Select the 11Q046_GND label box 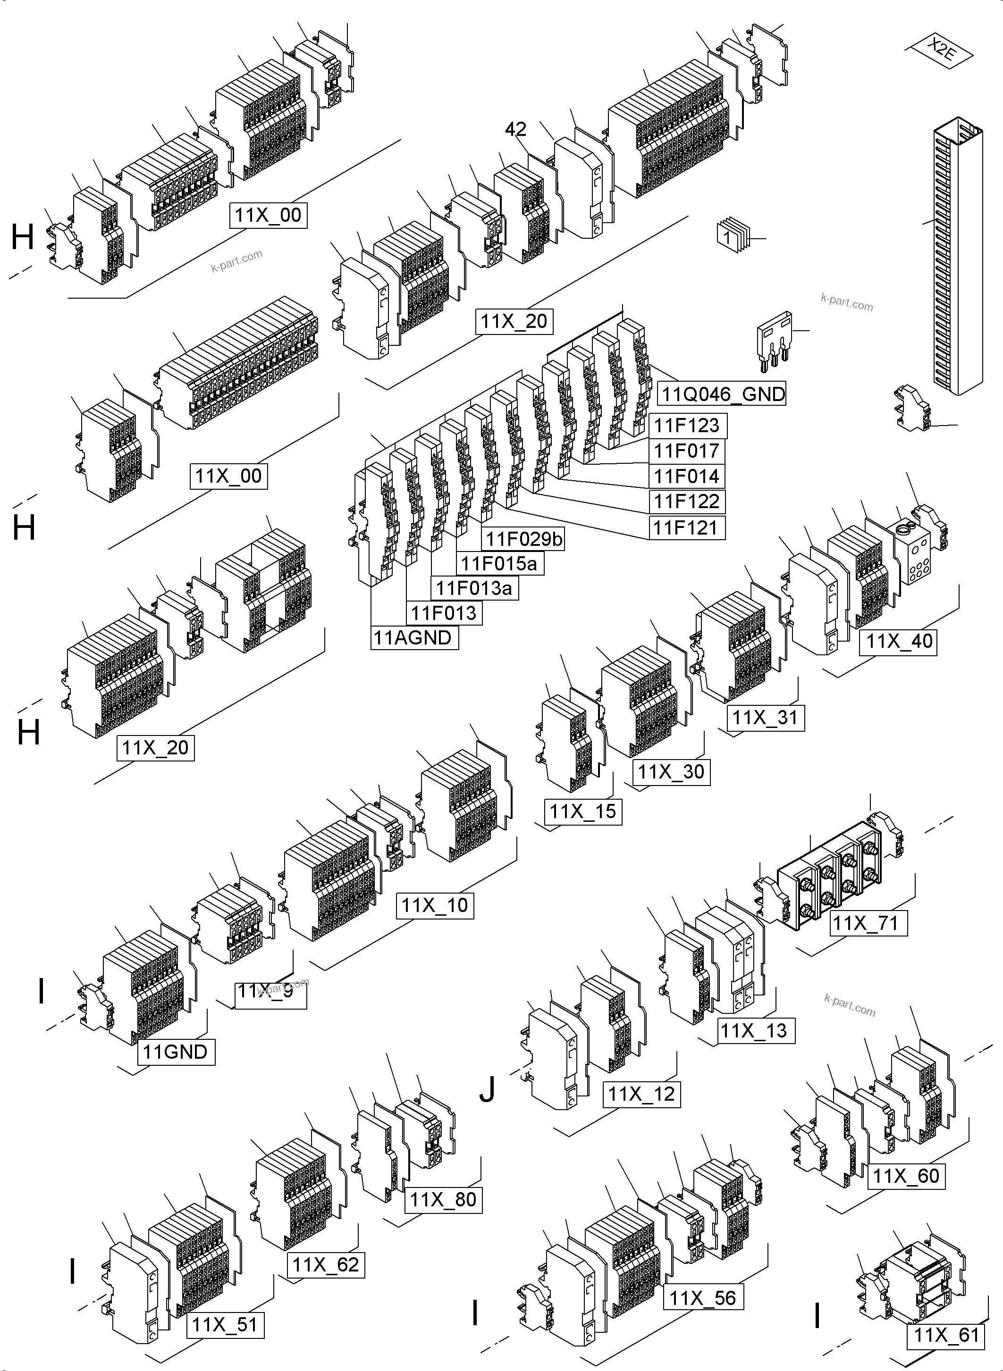(x=721, y=394)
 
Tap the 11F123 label (x=687, y=426)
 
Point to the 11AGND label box (x=413, y=638)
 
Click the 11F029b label (x=523, y=538)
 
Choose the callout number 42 (x=515, y=129)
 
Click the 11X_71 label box (x=868, y=923)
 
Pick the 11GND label (x=176, y=1052)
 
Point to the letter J (x=487, y=1089)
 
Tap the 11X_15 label (x=582, y=811)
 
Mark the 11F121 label (x=687, y=527)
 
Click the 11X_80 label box (x=443, y=1200)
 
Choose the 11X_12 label (x=641, y=1094)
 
